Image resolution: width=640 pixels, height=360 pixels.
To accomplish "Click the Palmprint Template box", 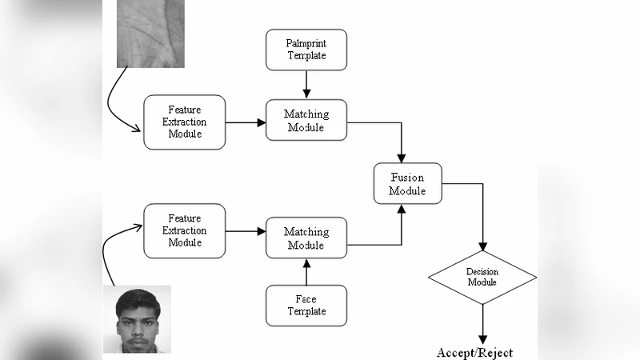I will coord(306,50).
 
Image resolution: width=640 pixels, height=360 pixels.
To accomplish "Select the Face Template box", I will coord(306,305).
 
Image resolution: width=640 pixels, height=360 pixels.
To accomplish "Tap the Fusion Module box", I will coord(407,184).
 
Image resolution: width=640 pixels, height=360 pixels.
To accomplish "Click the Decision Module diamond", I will coord(482,278).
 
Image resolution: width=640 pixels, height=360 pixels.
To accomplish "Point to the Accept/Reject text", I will coord(474,352).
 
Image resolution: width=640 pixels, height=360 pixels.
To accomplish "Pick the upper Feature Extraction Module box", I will coord(184,122).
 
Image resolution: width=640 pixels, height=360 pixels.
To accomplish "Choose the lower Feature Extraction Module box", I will coord(184,230).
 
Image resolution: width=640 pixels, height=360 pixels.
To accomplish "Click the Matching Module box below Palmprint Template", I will coord(306,122).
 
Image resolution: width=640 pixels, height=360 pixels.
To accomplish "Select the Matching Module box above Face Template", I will coord(306,238).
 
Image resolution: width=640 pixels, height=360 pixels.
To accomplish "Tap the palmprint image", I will coord(150,32).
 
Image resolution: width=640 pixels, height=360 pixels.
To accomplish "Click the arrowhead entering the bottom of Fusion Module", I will coord(402,210).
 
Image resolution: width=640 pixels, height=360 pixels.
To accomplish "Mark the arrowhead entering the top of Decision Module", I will coord(482,246).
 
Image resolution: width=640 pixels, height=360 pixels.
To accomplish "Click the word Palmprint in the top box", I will coord(306,42).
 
